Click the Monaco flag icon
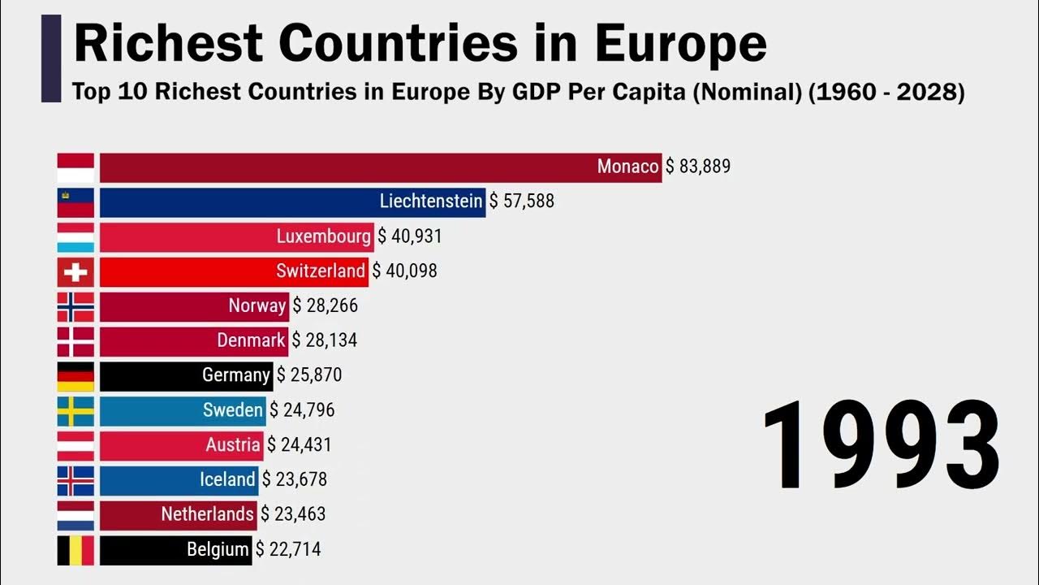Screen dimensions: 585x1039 [75, 167]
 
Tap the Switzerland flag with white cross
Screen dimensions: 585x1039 [75, 271]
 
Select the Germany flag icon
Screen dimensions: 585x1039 [75, 376]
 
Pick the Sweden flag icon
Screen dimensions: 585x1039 [75, 411]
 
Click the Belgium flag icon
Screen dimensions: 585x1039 [75, 550]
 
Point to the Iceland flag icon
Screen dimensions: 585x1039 [75, 480]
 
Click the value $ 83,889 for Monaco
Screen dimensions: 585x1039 [698, 167]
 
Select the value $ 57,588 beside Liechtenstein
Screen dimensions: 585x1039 [522, 201]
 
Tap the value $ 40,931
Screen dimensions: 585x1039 [410, 236]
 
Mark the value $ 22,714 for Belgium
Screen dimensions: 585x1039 [288, 550]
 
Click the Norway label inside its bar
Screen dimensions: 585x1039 [257, 305]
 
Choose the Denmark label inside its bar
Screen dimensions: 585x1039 [251, 340]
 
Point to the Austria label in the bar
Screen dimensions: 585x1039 [233, 445]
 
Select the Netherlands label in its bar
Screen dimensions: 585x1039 [207, 514]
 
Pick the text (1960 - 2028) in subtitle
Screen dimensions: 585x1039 [886, 92]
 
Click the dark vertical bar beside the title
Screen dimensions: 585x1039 [51, 58]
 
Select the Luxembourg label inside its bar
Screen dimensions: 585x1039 [323, 236]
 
